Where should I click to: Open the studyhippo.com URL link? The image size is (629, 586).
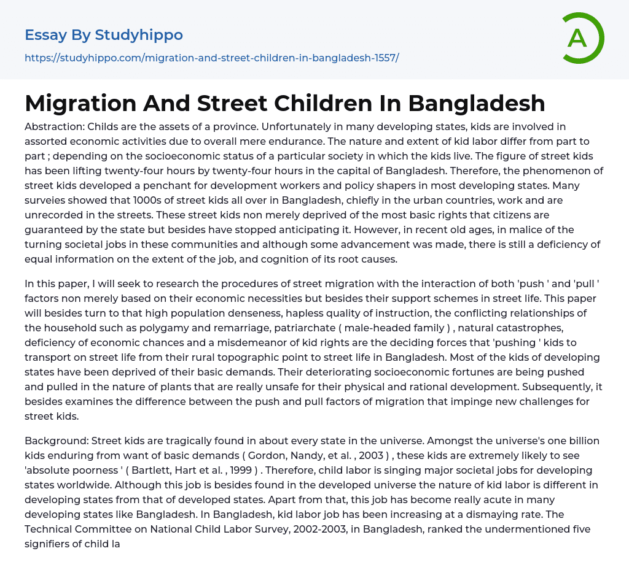point(211,58)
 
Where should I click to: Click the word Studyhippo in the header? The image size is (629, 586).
point(139,35)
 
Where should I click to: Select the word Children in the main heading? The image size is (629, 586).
point(310,103)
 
